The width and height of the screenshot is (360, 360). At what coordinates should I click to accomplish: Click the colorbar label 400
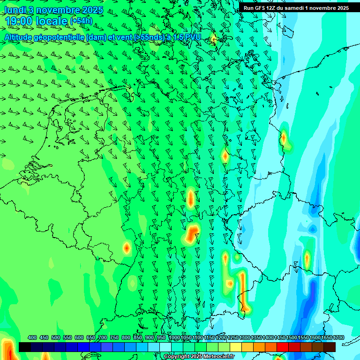32,337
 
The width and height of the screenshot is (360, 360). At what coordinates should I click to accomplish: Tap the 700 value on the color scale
103,337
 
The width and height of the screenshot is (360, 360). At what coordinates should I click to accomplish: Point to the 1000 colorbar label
174,337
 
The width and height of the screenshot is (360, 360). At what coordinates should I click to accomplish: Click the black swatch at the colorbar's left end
25,347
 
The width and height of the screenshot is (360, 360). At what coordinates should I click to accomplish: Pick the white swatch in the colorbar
165,347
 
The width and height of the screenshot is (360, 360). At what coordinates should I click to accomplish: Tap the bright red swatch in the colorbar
283,347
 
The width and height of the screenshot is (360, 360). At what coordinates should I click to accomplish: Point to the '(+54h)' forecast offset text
81,21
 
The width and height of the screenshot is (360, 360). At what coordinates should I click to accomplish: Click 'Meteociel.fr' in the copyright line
219,357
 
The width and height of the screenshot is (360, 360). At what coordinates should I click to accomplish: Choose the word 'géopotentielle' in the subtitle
59,37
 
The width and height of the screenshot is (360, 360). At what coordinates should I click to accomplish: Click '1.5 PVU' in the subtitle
187,37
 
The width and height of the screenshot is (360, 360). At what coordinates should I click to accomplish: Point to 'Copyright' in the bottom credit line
177,357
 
